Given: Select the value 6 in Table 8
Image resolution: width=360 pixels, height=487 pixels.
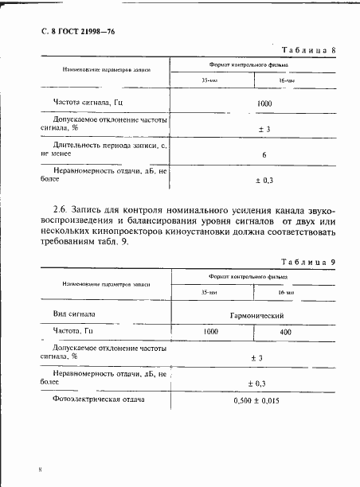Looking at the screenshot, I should click(263, 154).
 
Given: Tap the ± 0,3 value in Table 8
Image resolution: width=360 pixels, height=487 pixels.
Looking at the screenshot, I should click(264, 181).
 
